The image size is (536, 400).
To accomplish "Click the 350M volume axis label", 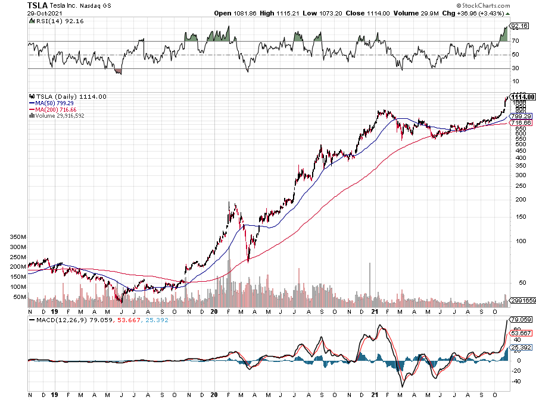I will pyautogui.click(x=19, y=236).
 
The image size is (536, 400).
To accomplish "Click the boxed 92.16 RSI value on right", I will pyautogui.click(x=519, y=26).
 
